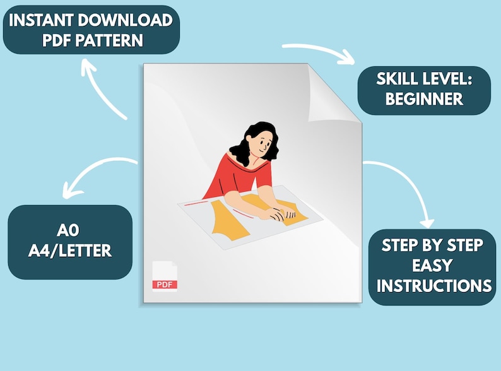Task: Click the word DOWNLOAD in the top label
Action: (x=125, y=20)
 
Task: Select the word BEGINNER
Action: (x=424, y=99)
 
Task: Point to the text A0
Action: (x=68, y=230)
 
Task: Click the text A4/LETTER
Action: (x=70, y=250)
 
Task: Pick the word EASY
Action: (x=432, y=265)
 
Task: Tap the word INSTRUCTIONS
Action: (x=434, y=286)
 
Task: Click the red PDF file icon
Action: (x=165, y=276)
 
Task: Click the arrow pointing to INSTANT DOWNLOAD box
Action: (x=99, y=90)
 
